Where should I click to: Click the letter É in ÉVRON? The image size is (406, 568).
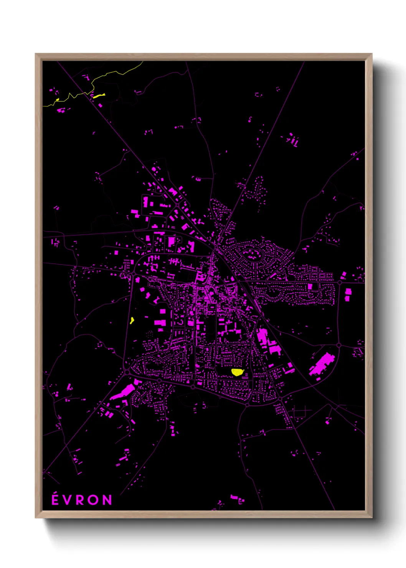(x=55, y=500)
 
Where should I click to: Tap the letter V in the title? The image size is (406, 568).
(x=68, y=500)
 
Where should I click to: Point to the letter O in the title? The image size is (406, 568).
(x=94, y=500)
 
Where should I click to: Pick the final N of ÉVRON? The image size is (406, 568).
(x=107, y=500)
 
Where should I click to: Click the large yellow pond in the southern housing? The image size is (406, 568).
(x=238, y=372)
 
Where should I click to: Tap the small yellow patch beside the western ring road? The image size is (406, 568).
(x=132, y=320)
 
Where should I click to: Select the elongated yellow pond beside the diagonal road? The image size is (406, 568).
(x=99, y=95)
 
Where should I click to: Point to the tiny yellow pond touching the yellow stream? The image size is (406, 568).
(x=58, y=99)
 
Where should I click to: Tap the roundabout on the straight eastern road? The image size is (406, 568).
(x=340, y=283)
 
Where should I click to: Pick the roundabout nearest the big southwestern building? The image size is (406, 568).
(x=127, y=372)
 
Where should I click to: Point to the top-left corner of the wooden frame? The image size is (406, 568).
(x=36, y=54)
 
